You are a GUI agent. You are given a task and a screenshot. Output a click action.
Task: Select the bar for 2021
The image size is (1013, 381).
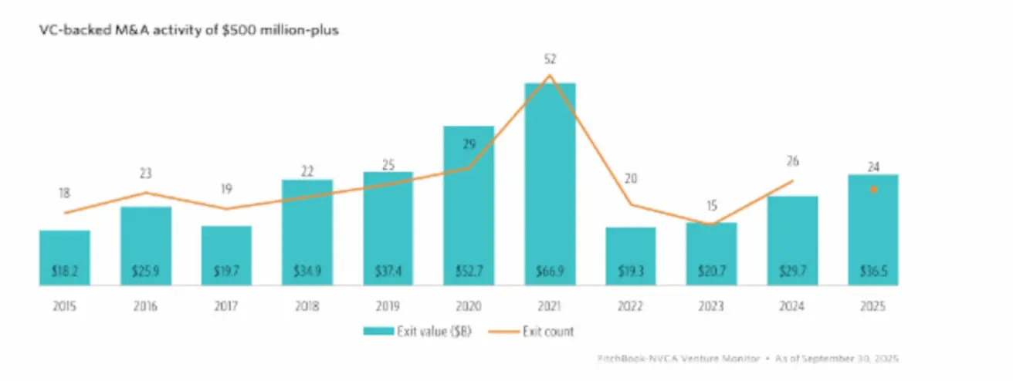point(550,185)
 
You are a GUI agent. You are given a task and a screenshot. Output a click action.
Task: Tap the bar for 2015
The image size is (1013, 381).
point(65,258)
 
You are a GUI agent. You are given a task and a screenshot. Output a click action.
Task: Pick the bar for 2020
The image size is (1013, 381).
point(469,204)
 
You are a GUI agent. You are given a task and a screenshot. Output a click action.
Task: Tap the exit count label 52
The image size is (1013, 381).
point(550,59)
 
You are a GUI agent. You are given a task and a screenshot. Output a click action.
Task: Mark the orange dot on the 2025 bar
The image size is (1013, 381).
point(873,189)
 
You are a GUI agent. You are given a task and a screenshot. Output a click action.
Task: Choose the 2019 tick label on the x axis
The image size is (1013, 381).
point(388,306)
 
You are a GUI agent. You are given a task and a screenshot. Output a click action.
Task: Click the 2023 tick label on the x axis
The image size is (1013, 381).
point(711,306)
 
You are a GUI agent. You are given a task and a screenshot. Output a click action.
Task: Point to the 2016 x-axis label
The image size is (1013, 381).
point(145,306)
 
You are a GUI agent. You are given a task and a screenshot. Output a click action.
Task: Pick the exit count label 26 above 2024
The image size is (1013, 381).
point(793,161)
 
